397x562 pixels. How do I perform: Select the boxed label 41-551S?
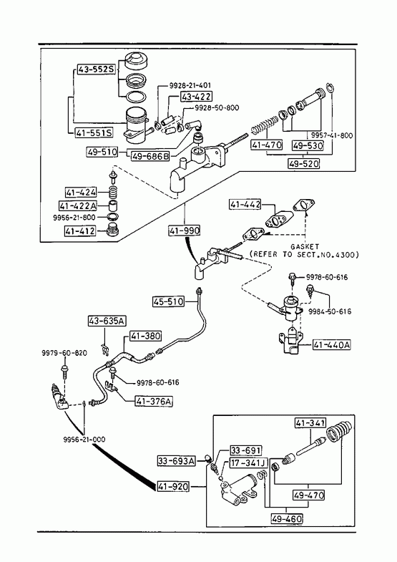[94, 133]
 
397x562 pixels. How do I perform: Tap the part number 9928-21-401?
[190, 85]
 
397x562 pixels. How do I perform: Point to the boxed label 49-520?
[304, 164]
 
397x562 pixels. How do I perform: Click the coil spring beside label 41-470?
[264, 125]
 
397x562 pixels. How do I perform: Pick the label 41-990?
[185, 231]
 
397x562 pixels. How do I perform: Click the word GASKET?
[305, 246]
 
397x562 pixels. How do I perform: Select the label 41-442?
[245, 205]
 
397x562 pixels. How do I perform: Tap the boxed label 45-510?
[169, 301]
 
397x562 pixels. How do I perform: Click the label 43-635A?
[107, 321]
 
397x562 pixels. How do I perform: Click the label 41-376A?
[154, 402]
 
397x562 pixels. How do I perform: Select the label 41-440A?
[332, 344]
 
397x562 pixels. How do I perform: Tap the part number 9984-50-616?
[330, 311]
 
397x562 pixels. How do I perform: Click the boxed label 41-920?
[173, 486]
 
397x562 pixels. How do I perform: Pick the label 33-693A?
[177, 461]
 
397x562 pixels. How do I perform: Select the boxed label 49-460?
[287, 518]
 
